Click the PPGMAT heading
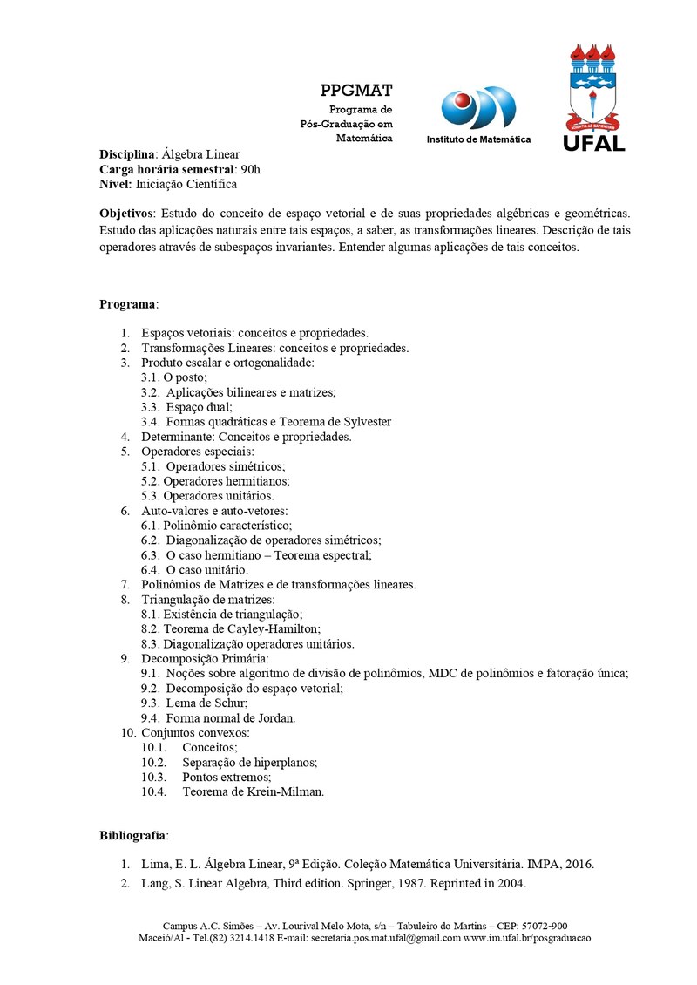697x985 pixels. (x=355, y=91)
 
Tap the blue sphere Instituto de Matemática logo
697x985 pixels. (x=477, y=108)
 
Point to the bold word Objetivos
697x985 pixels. (x=126, y=213)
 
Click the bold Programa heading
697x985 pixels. (x=127, y=304)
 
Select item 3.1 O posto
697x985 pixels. (x=174, y=377)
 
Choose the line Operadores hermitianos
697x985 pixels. (x=215, y=481)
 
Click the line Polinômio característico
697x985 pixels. (x=217, y=526)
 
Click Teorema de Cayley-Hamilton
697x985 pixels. (x=231, y=629)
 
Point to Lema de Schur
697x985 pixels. (x=194, y=703)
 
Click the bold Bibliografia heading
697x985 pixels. (x=133, y=836)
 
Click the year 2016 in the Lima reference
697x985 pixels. (x=578, y=866)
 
